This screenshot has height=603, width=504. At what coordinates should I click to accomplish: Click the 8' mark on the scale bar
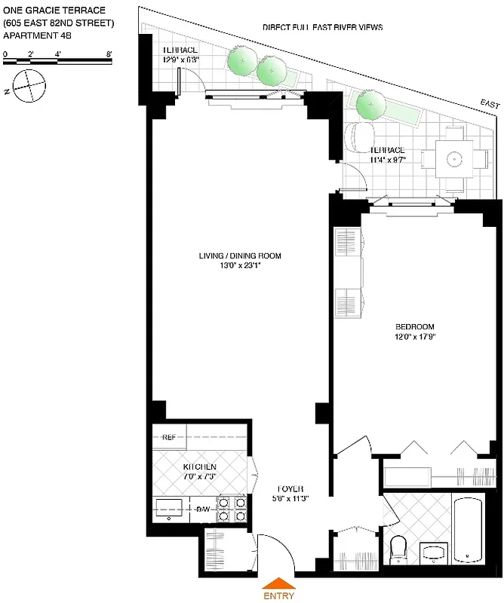tap(110, 54)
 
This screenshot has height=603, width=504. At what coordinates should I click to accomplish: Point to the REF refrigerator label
tap(168, 437)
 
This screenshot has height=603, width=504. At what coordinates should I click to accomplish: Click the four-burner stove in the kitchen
tap(232, 509)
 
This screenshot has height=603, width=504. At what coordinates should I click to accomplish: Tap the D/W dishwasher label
tap(203, 510)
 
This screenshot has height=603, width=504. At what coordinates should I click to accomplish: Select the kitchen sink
tap(167, 509)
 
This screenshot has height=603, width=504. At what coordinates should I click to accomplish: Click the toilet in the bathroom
tap(399, 548)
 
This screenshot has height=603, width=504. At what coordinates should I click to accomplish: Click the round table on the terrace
tap(453, 159)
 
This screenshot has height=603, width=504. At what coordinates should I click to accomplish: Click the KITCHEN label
tap(200, 467)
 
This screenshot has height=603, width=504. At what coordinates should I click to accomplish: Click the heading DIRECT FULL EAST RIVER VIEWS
tap(322, 27)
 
